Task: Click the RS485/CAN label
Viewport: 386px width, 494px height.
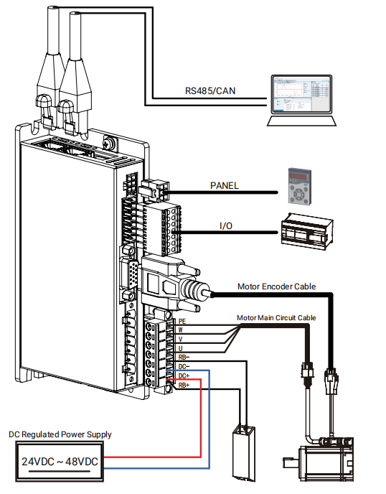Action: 210,90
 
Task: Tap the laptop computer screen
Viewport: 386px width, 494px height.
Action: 301,94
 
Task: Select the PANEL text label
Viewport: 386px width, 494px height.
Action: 224,185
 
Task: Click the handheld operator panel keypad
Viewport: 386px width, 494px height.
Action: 299,187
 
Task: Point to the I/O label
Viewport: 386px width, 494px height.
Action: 226,225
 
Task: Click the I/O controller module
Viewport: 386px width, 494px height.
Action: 306,231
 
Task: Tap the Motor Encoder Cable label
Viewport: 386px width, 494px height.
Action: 276,286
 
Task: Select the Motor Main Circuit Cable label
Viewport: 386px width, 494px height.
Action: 276,317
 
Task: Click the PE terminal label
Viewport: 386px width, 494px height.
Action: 182,322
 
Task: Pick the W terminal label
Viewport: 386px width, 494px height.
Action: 180,330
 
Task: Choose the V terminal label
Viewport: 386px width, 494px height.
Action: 180,340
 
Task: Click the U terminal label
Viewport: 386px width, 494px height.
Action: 180,348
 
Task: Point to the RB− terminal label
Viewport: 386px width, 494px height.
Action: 184,358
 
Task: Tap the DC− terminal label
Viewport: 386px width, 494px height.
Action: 184,366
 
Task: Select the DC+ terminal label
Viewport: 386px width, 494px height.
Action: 184,376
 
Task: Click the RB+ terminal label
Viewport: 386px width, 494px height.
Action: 184,385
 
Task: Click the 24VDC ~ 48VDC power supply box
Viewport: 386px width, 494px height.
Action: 60,462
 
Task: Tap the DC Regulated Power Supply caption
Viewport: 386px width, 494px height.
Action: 60,434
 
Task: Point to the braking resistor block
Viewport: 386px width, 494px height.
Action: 244,453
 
